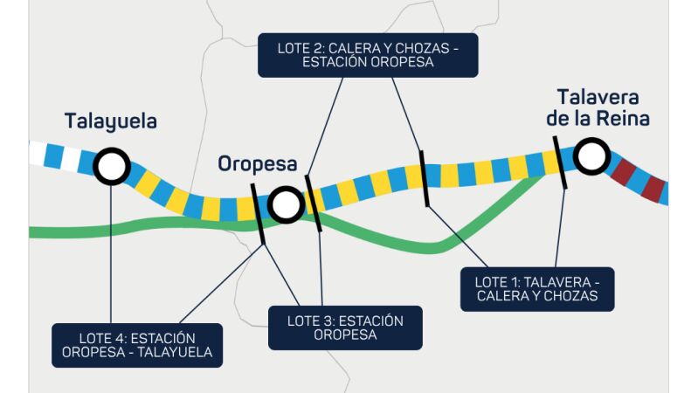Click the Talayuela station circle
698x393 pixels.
coord(112,166)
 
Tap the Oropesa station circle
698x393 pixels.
coord(286,204)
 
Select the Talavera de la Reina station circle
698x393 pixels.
coord(591,156)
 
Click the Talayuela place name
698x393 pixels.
coord(110,121)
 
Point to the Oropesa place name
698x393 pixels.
coord(258,164)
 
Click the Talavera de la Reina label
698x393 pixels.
coord(598,107)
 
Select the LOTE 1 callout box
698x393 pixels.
coord(537,289)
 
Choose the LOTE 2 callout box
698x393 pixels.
coord(368,55)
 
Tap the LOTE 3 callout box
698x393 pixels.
coord(345,327)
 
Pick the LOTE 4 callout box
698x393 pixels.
coord(137,345)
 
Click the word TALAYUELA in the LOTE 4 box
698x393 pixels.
coord(175,353)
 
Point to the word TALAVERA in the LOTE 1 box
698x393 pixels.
coord(556,283)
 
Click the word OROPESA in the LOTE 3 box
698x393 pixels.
coord(345,334)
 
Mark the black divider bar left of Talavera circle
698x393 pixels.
coord(560,162)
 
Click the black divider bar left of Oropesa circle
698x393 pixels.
coord(259,214)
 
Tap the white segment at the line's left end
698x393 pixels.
coord(37,153)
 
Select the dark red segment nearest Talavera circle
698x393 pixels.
coord(623,173)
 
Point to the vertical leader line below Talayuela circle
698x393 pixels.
coord(111,253)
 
